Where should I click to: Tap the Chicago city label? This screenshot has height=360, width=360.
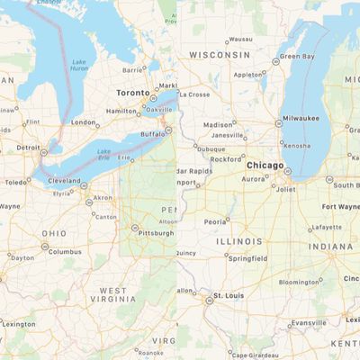pos(265,166)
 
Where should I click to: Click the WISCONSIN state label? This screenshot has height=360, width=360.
pos(219,55)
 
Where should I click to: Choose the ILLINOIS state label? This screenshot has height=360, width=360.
pos(238,241)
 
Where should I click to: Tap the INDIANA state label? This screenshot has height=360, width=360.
pos(331,246)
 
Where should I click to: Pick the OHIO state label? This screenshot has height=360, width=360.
pos(52,234)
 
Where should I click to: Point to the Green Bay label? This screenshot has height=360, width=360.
pos(297,56)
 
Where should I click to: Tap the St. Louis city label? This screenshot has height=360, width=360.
pos(228,295)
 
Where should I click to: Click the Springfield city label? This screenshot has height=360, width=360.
pos(247,258)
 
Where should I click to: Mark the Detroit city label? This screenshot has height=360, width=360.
pos(28,147)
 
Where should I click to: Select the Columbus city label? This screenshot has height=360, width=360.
pos(65,252)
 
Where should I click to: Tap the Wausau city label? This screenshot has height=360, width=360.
pos(240,40)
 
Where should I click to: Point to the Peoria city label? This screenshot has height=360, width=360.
pos(215,220)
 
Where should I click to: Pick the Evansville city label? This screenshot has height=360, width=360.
pos(309,322)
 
